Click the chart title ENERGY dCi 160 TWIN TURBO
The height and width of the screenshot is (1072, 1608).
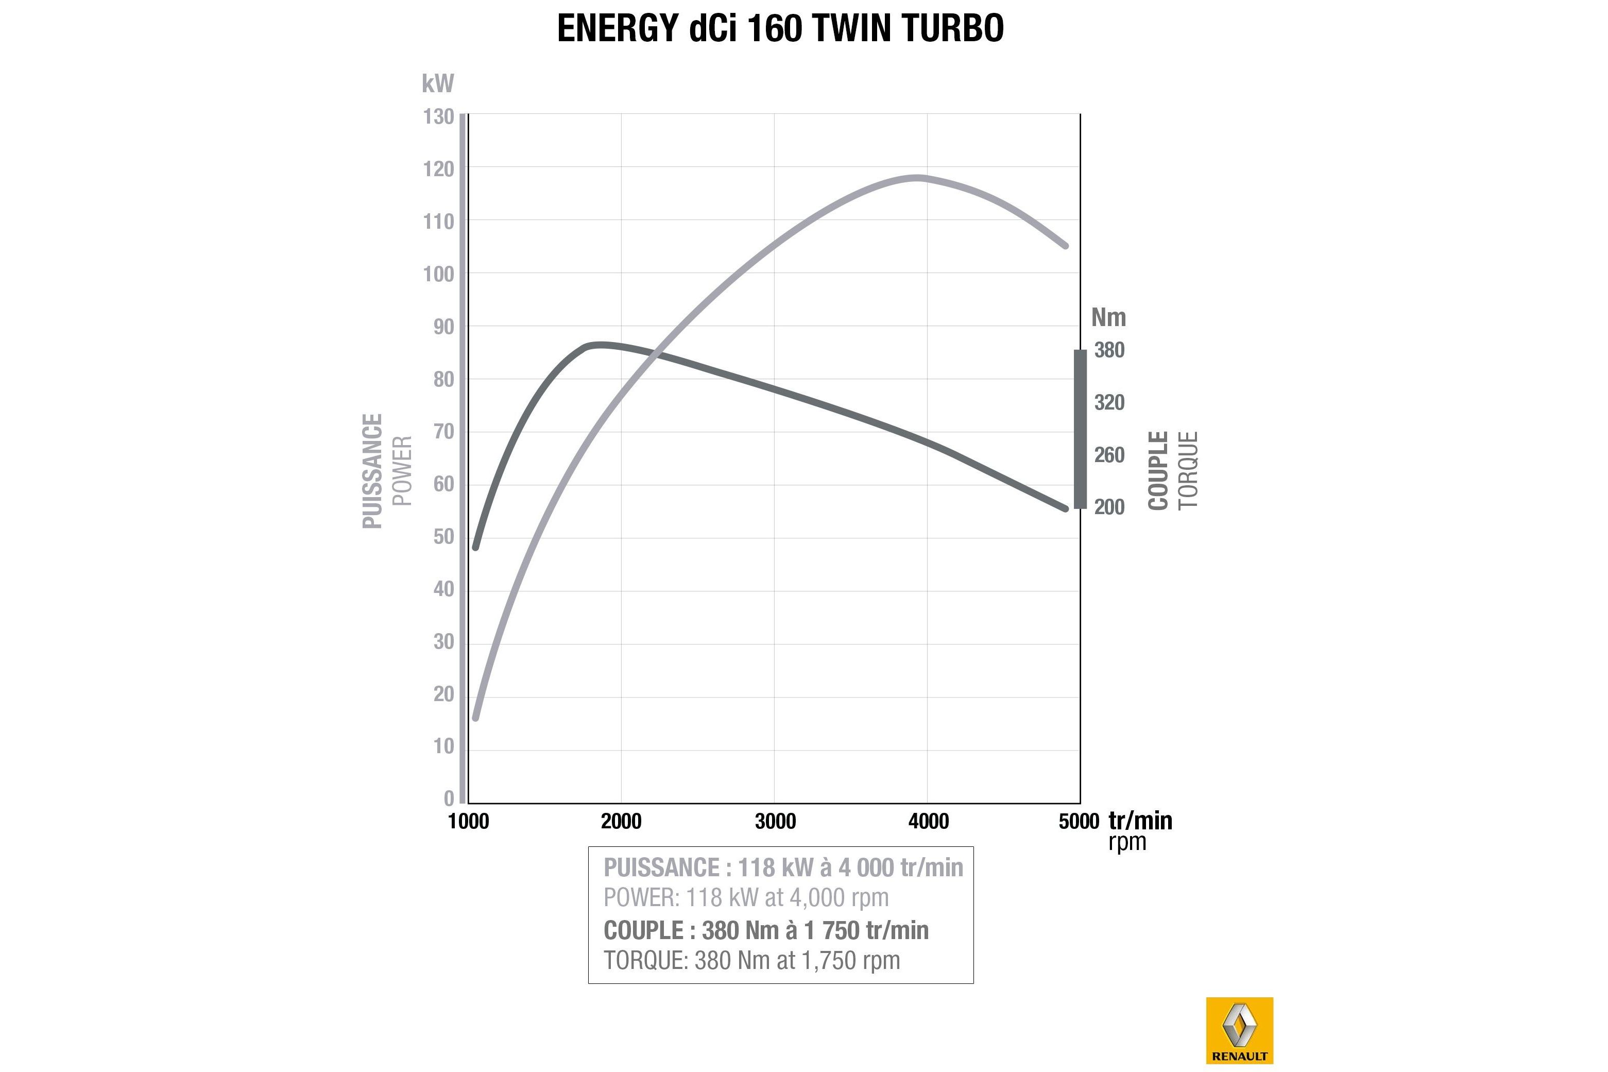tap(780, 29)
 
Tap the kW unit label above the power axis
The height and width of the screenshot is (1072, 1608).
tap(437, 83)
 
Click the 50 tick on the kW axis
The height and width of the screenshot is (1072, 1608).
tap(443, 537)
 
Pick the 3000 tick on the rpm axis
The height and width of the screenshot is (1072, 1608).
tap(775, 821)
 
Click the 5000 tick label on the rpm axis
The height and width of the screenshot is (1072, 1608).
tap(1079, 821)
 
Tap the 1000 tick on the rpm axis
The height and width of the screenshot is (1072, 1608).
tap(468, 821)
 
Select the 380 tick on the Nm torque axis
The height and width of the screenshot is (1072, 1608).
tap(1108, 350)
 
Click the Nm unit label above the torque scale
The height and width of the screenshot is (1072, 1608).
tap(1108, 317)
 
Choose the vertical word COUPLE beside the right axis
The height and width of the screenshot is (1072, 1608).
tap(1158, 470)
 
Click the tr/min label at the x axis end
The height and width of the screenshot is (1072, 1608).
tap(1140, 821)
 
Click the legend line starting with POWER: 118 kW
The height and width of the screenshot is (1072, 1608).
tap(746, 898)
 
